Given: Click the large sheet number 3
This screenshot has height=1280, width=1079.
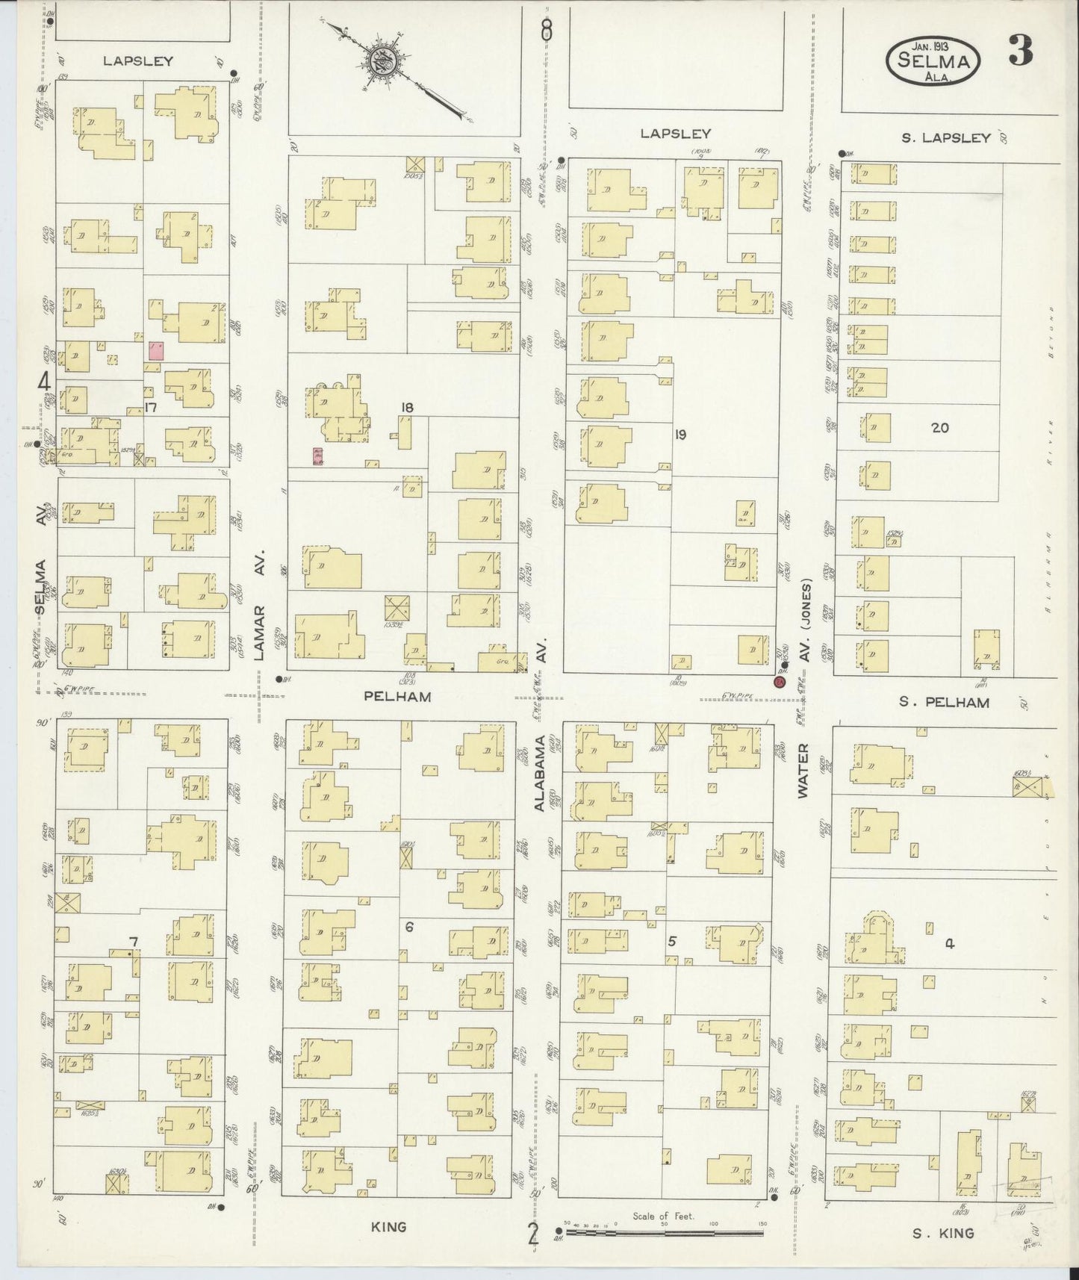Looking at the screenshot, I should (x=1020, y=52).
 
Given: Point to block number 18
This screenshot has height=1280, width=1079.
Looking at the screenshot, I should (x=407, y=408).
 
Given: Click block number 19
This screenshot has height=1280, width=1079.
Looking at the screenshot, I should (x=680, y=434).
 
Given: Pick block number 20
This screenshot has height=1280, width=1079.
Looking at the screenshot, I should (x=939, y=427).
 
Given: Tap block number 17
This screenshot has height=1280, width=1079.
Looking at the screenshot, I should (x=151, y=408).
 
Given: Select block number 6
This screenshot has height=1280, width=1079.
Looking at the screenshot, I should (x=408, y=928).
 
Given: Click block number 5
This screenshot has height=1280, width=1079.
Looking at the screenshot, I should (x=671, y=941).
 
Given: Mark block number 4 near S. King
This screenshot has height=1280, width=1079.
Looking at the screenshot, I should (x=949, y=943).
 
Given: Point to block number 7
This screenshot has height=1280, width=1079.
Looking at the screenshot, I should (x=134, y=942).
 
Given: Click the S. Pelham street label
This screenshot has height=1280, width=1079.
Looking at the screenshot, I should (x=944, y=702).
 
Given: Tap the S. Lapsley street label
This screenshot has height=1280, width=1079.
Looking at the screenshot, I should (x=945, y=137).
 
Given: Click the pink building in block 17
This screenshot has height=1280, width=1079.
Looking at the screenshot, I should (x=156, y=351).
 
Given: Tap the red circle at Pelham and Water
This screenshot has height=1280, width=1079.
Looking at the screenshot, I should (x=781, y=683).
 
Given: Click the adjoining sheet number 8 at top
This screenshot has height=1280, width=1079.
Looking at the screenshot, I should (x=547, y=31).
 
